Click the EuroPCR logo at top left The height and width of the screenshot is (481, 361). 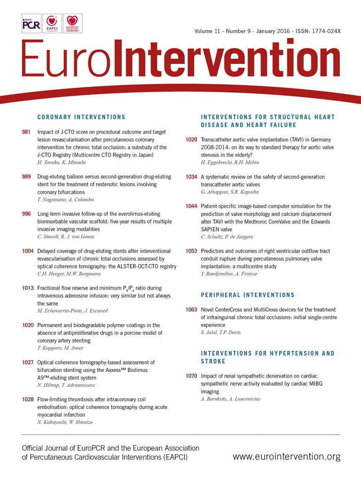click(x=31, y=23)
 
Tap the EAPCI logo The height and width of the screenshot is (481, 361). click(x=52, y=23)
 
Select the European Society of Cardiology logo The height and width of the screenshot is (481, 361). click(x=72, y=23)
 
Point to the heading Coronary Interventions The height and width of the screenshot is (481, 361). click(x=81, y=117)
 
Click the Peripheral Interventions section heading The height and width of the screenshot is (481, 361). click(x=247, y=295)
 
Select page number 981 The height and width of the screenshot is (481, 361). click(x=26, y=132)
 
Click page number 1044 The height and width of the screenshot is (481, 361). click(x=191, y=206)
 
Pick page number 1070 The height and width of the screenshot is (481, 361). click(x=191, y=376)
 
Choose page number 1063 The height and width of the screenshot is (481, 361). click(x=191, y=310)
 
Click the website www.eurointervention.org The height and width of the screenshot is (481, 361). click(x=286, y=457)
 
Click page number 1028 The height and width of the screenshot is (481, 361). click(x=28, y=399)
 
